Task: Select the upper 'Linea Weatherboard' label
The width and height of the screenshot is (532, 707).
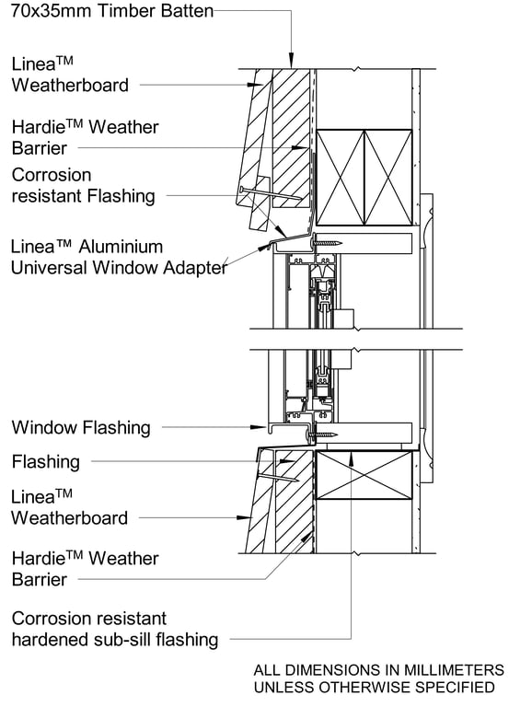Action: pyautogui.click(x=70, y=75)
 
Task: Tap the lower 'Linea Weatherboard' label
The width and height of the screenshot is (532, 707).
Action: pyautogui.click(x=69, y=507)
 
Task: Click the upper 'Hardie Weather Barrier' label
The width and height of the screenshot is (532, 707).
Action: pyautogui.click(x=85, y=137)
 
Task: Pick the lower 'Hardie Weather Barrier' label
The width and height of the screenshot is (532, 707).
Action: pyautogui.click(x=85, y=569)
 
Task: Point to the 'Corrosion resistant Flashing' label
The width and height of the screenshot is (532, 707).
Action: pyautogui.click(x=83, y=185)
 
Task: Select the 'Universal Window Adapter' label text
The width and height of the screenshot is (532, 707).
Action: pyautogui.click(x=118, y=268)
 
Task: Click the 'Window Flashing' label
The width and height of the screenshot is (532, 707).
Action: pyautogui.click(x=80, y=428)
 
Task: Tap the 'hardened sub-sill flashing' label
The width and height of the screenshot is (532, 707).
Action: pyautogui.click(x=114, y=639)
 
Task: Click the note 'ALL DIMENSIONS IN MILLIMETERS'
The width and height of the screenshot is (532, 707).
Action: pyautogui.click(x=378, y=670)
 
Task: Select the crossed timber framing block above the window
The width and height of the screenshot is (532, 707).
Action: pyautogui.click(x=364, y=178)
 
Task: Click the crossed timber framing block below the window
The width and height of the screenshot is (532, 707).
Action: pyautogui.click(x=364, y=475)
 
